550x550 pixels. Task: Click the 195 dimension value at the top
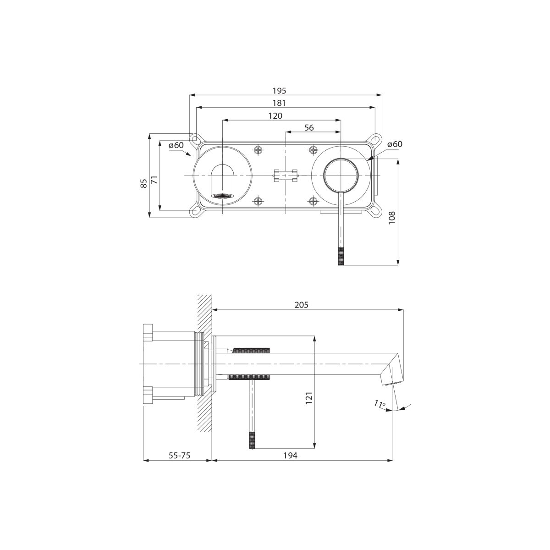[279, 91]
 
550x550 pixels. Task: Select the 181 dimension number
[279, 103]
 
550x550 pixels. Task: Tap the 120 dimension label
[275, 115]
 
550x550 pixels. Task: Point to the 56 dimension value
[309, 127]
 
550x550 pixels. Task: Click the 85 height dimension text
[144, 183]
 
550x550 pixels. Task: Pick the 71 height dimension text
[154, 180]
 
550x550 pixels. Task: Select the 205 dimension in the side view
[302, 305]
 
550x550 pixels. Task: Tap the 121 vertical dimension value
[309, 397]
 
